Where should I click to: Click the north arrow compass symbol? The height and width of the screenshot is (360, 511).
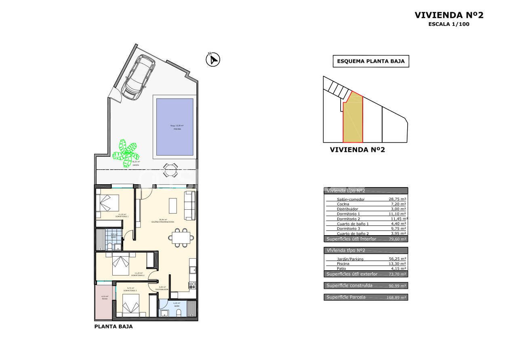point(212,60)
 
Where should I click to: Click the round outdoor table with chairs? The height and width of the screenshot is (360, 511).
point(170,170)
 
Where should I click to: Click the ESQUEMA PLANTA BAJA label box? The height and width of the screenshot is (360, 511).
point(370,61)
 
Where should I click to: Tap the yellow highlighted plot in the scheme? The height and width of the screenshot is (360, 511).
point(353,119)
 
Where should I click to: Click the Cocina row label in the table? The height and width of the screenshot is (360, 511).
point(343,204)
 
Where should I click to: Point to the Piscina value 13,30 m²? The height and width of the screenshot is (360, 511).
point(397,263)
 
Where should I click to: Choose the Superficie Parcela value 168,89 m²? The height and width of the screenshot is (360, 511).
point(396,297)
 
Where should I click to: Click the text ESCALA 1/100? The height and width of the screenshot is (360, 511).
point(449,24)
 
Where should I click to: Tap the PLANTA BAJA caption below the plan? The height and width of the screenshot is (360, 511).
point(113,326)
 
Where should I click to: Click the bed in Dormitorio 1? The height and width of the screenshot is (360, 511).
point(108,202)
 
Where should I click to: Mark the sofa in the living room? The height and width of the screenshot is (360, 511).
point(189,205)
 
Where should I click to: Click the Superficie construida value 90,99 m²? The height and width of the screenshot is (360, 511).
point(397,286)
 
